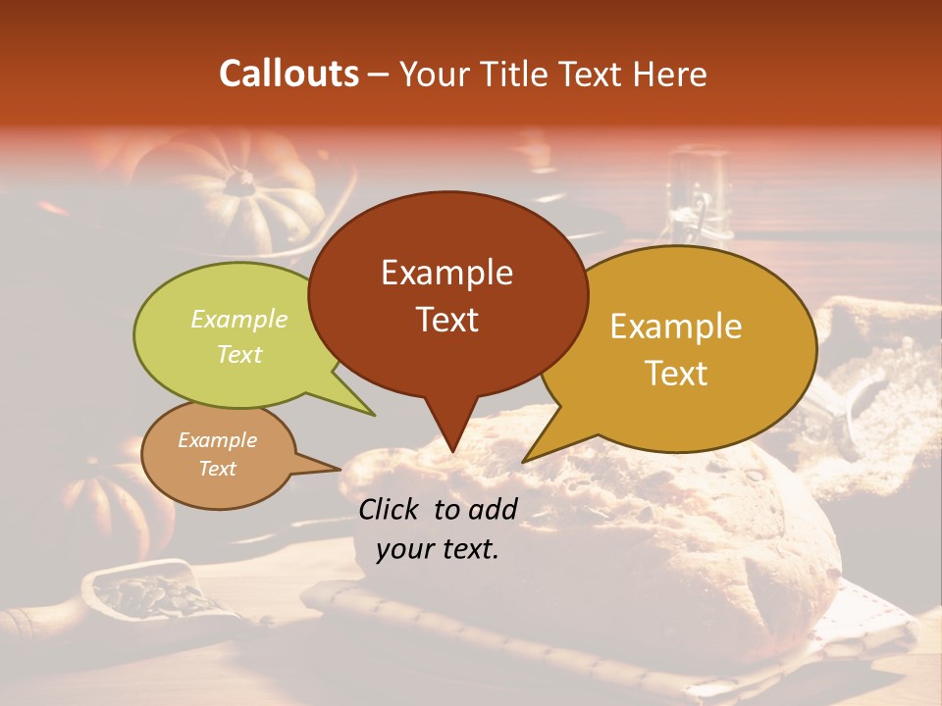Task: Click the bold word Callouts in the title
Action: (x=288, y=74)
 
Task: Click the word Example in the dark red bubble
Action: (x=446, y=273)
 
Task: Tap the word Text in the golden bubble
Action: (x=676, y=374)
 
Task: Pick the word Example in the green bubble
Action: (x=239, y=320)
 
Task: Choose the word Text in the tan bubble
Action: (x=217, y=469)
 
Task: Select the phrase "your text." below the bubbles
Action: (x=438, y=549)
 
